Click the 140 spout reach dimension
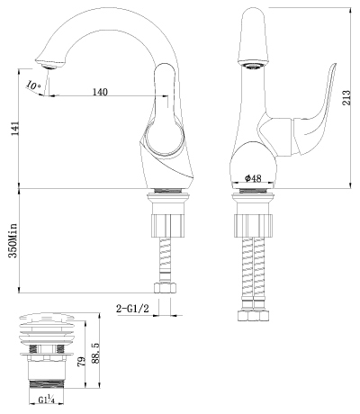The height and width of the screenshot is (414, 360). point(100,92)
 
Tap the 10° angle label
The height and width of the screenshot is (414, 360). point(33,85)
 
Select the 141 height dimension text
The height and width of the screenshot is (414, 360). point(14,129)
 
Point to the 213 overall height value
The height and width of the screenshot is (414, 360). point(346,97)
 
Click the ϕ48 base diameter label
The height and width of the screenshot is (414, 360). point(253,178)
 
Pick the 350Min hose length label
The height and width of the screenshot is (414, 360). point(13,240)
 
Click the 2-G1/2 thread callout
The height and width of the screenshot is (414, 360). point(132,308)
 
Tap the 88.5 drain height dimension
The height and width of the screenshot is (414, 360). point(95,354)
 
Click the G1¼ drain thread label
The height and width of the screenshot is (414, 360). point(47,400)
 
